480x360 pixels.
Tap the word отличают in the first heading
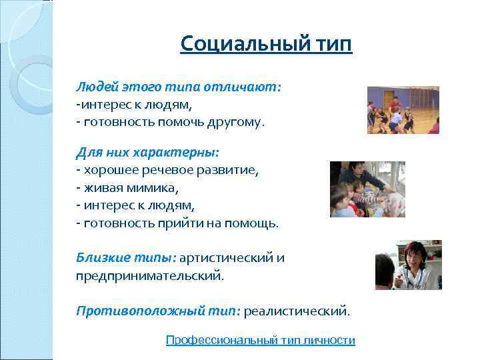click(246, 88)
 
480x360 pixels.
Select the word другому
click(237, 122)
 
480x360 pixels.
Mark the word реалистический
click(296, 311)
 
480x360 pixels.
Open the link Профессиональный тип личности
click(260, 340)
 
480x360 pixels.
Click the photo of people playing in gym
click(403, 110)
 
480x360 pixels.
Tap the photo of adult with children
click(367, 189)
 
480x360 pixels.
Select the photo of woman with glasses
click(408, 265)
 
